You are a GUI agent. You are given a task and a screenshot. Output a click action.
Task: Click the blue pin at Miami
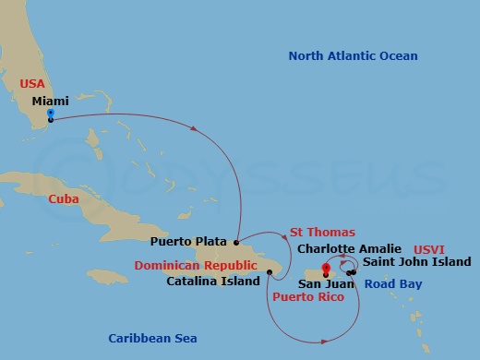coord(50,115)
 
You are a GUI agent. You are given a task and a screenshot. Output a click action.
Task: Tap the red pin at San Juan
coord(326,270)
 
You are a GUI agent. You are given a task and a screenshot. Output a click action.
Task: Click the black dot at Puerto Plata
coord(236,243)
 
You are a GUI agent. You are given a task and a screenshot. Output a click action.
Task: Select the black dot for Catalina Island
coord(269,271)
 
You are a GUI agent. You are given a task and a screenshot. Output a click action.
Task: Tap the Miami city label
coord(50,101)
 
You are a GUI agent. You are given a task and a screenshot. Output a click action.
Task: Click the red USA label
coord(32,83)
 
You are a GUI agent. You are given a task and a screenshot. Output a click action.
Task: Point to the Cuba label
coord(64,198)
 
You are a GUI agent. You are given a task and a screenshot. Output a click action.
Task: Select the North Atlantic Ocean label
coord(353,56)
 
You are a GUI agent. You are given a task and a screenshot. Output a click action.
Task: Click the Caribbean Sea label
coord(151,338)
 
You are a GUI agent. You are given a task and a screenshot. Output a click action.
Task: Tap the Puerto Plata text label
coord(188,242)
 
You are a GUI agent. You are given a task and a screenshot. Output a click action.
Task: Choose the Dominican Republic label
coord(193,264)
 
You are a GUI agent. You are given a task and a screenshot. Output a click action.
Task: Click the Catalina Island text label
coord(212,281)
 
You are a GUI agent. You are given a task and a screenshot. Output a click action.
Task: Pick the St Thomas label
coord(322,232)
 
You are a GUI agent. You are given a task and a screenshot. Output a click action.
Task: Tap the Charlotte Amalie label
coord(348,248)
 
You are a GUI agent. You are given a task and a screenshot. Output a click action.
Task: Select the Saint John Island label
coord(409,262)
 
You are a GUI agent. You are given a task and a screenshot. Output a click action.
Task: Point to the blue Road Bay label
coord(392,284)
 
